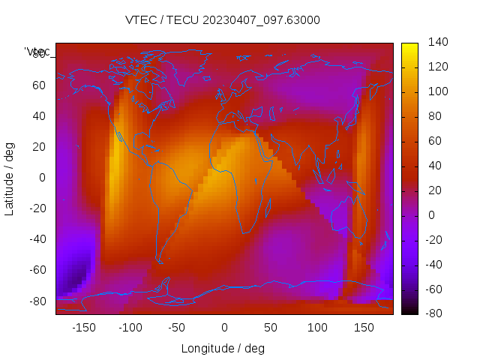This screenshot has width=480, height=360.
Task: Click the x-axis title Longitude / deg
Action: point(223,348)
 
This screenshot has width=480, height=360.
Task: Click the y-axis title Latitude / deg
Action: point(10,177)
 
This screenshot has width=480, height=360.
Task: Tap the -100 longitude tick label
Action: point(130,327)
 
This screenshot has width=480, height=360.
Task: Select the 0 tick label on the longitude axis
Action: point(223,327)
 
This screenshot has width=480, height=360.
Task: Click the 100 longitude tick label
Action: point(317,327)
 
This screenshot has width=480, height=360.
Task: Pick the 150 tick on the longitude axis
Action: point(364,327)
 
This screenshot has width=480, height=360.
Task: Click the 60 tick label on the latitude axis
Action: point(38,85)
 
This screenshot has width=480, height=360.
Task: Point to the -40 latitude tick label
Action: point(35,239)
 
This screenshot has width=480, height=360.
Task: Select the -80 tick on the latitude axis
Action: point(35,301)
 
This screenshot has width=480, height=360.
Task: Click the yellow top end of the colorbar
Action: point(409,46)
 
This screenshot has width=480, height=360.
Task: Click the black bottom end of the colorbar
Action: point(409,310)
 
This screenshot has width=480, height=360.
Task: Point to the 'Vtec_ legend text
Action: point(37,51)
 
